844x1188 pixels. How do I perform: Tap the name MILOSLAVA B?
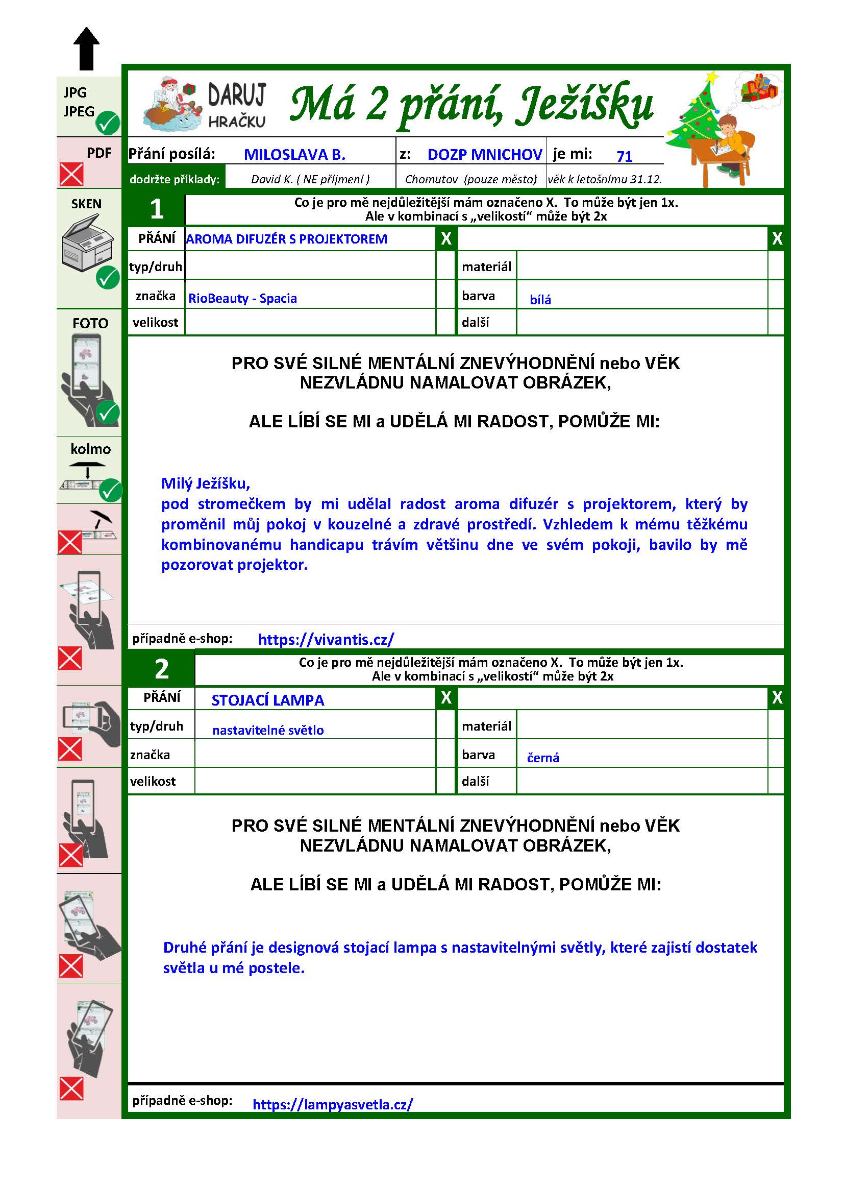click(x=294, y=154)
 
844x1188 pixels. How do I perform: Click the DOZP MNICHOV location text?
click(x=484, y=154)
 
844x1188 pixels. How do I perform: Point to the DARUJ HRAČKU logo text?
click(x=237, y=106)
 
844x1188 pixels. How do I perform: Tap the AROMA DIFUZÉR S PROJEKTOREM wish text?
click(x=286, y=239)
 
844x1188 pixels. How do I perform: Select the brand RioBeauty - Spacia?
click(x=242, y=299)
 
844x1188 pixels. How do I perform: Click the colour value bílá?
click(x=540, y=300)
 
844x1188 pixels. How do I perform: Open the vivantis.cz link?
click(x=326, y=639)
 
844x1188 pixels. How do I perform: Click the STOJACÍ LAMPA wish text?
click(x=268, y=700)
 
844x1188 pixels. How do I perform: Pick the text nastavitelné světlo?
click(x=268, y=730)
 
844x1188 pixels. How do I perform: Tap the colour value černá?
click(x=543, y=758)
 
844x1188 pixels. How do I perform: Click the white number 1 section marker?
click(x=157, y=209)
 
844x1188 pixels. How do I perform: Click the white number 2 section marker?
click(x=162, y=670)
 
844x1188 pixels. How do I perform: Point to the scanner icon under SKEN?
click(x=86, y=244)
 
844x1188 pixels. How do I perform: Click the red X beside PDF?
click(x=71, y=174)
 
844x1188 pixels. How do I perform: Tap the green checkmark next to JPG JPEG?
click(x=109, y=123)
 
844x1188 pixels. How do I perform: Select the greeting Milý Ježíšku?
click(x=206, y=483)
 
